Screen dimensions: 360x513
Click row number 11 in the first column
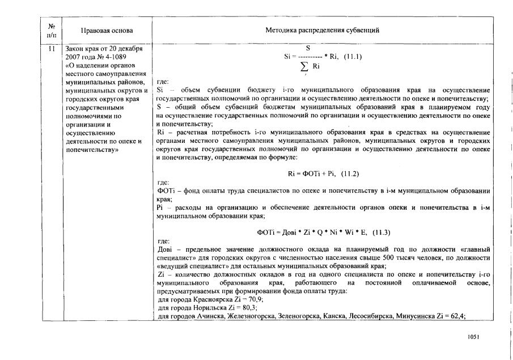coord(52,49)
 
